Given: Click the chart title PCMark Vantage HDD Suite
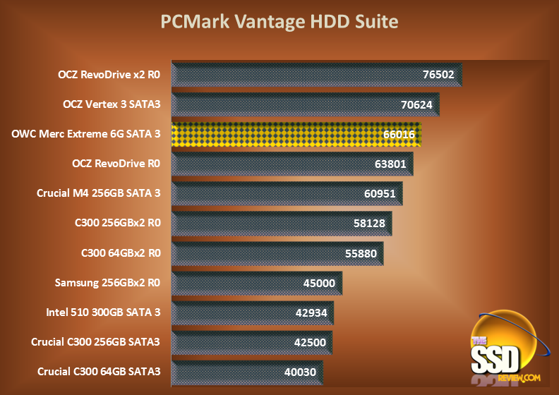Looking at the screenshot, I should [x=279, y=22].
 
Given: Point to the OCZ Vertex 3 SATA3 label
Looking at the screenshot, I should [x=112, y=104].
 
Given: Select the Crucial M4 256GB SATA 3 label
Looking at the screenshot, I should [x=99, y=193].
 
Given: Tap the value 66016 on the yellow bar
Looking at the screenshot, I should [x=398, y=135].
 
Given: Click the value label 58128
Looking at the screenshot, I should [x=368, y=224].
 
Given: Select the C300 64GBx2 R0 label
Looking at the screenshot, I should [x=121, y=252].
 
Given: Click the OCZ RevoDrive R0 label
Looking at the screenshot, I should [x=116, y=164].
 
